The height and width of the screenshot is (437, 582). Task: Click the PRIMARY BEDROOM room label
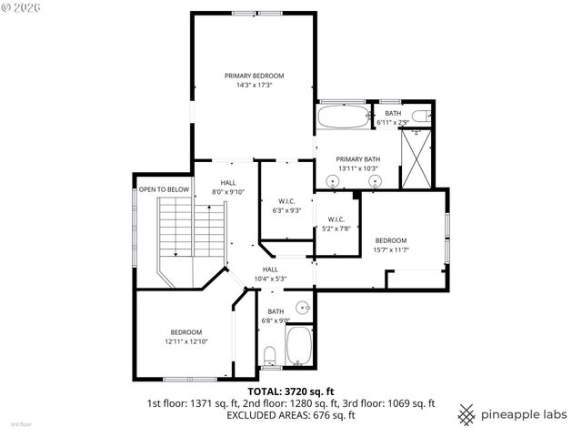[x=255, y=76]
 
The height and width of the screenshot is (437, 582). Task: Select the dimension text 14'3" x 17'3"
[x=255, y=85]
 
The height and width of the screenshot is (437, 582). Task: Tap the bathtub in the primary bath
[x=344, y=116]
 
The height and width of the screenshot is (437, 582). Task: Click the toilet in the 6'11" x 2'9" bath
[x=419, y=116]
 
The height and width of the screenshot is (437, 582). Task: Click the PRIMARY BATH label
[x=358, y=159]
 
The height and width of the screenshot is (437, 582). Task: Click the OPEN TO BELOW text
[x=164, y=189]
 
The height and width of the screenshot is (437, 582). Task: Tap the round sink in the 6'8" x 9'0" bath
[x=303, y=307]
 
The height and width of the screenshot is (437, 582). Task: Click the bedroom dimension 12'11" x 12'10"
[x=186, y=341]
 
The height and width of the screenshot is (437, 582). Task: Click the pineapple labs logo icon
[x=466, y=412]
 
